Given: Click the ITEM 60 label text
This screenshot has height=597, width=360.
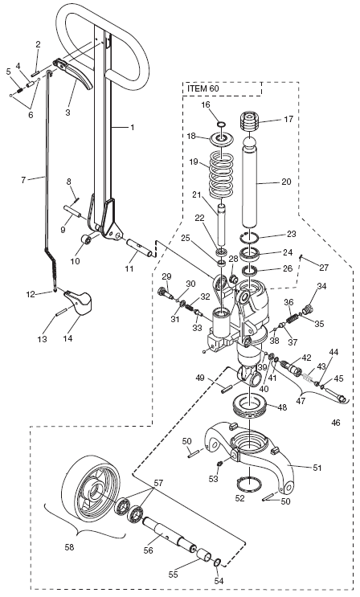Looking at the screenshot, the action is click(203, 89).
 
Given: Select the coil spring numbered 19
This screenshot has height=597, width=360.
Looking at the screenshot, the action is click(222, 174).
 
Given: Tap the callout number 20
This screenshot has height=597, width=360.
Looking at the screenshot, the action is click(286, 182).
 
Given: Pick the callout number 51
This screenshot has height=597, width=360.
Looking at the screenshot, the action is click(317, 468).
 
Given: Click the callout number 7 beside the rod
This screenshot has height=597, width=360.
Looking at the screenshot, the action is click(23, 180).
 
